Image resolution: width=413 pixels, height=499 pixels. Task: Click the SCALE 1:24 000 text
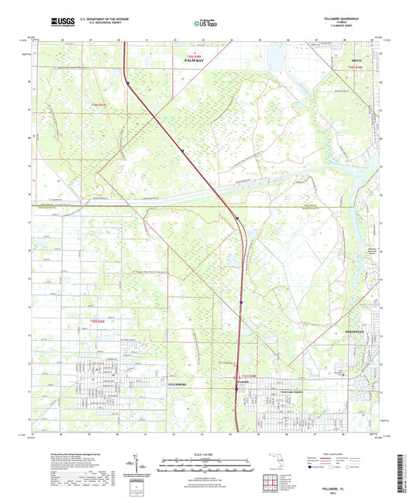(x=205, y=455)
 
